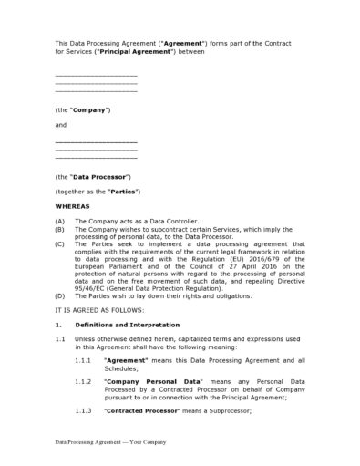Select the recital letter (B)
coord(61,229)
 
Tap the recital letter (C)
coord(61,243)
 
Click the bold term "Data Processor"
coord(99,175)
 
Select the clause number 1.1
coord(60,339)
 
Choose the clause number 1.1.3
coord(83,411)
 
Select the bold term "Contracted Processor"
coord(136,411)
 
